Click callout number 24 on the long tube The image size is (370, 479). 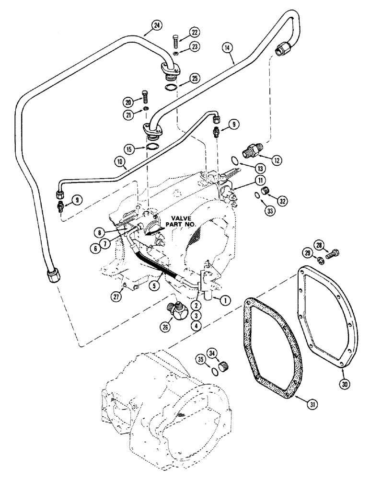click(x=155, y=26)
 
